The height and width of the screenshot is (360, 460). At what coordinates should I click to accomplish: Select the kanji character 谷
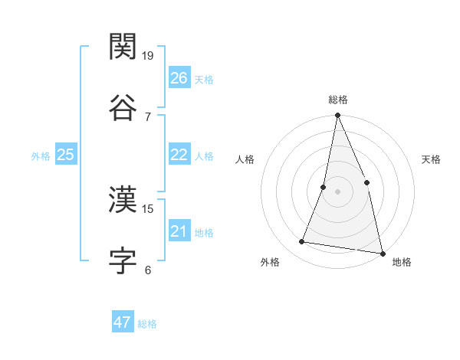(x=123, y=107)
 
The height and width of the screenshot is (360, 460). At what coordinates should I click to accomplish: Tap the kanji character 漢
(x=123, y=200)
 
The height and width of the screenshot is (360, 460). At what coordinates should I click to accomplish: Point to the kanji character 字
(x=123, y=261)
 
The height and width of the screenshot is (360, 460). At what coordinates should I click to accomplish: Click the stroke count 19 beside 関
(x=149, y=56)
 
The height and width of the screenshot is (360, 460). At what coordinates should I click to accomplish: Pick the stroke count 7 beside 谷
(x=148, y=116)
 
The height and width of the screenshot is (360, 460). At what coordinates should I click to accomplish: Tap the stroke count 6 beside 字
(x=148, y=270)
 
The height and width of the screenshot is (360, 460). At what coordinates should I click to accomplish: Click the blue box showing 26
(x=179, y=78)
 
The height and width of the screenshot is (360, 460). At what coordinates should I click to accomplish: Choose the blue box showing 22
(x=179, y=155)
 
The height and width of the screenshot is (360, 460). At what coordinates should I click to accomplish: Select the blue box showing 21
(x=179, y=231)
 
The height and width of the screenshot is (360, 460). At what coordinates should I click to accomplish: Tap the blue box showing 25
(x=66, y=155)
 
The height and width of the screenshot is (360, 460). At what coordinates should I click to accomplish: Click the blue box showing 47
(x=123, y=322)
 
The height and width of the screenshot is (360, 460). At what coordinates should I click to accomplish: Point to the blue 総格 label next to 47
(x=147, y=324)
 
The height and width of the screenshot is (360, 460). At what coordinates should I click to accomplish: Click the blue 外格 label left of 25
(x=41, y=156)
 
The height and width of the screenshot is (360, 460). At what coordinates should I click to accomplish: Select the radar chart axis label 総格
(x=337, y=100)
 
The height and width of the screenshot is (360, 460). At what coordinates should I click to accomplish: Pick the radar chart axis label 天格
(x=432, y=159)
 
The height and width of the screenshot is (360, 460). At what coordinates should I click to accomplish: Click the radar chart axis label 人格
(x=245, y=159)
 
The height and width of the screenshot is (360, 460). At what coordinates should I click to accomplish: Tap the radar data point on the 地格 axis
(x=382, y=253)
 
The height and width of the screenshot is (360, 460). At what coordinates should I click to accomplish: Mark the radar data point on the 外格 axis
(x=302, y=242)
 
